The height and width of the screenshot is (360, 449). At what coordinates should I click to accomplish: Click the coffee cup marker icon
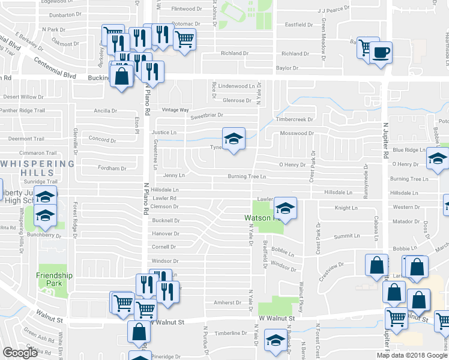point(381,52)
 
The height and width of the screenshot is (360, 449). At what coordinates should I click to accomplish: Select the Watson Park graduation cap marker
point(286,209)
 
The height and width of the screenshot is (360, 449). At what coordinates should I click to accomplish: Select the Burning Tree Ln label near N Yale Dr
point(246,176)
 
